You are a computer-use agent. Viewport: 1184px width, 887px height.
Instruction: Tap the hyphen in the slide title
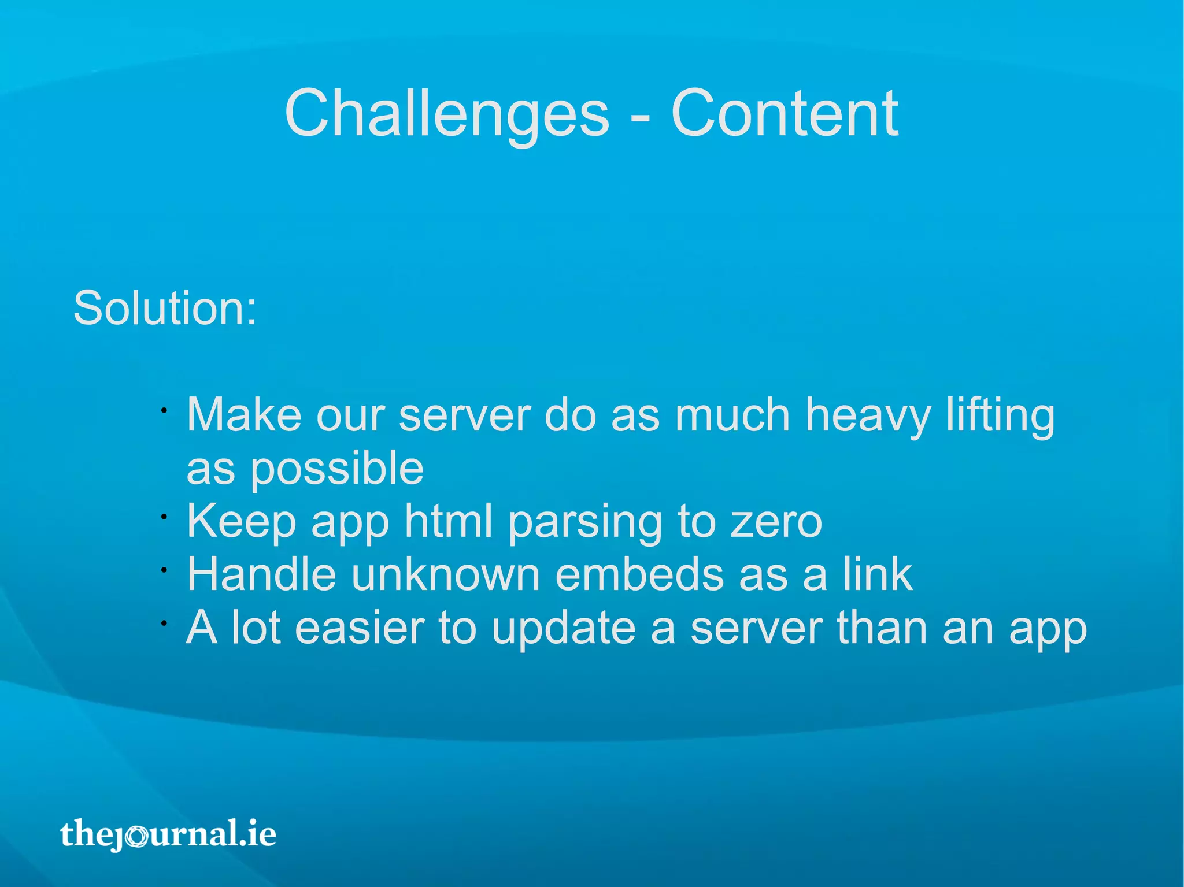(x=640, y=118)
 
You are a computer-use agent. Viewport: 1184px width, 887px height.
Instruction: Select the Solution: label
(x=165, y=308)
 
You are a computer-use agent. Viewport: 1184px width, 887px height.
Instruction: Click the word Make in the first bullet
(x=244, y=414)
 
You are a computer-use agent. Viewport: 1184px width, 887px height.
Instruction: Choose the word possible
(x=337, y=469)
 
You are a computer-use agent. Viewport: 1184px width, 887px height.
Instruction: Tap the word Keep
(x=242, y=521)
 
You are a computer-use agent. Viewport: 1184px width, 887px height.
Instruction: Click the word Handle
(x=261, y=574)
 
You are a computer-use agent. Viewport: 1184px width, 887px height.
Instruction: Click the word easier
(x=360, y=628)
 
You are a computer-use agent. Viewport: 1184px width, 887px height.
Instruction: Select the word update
(x=564, y=629)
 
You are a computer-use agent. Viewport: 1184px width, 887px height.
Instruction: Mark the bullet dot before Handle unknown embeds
(x=164, y=570)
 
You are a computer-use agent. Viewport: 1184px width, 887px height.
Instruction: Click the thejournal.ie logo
(x=168, y=834)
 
